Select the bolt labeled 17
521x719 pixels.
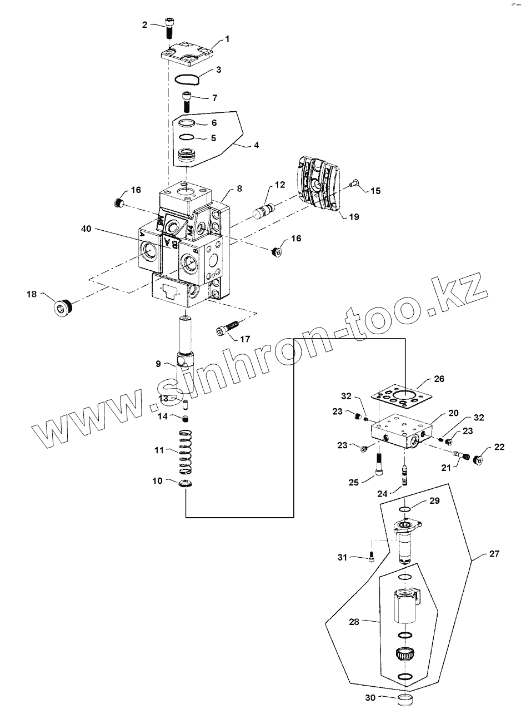click(x=227, y=329)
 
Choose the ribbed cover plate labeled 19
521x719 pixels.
click(x=317, y=183)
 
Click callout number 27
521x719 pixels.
click(x=494, y=554)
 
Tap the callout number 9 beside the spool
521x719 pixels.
click(x=158, y=364)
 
